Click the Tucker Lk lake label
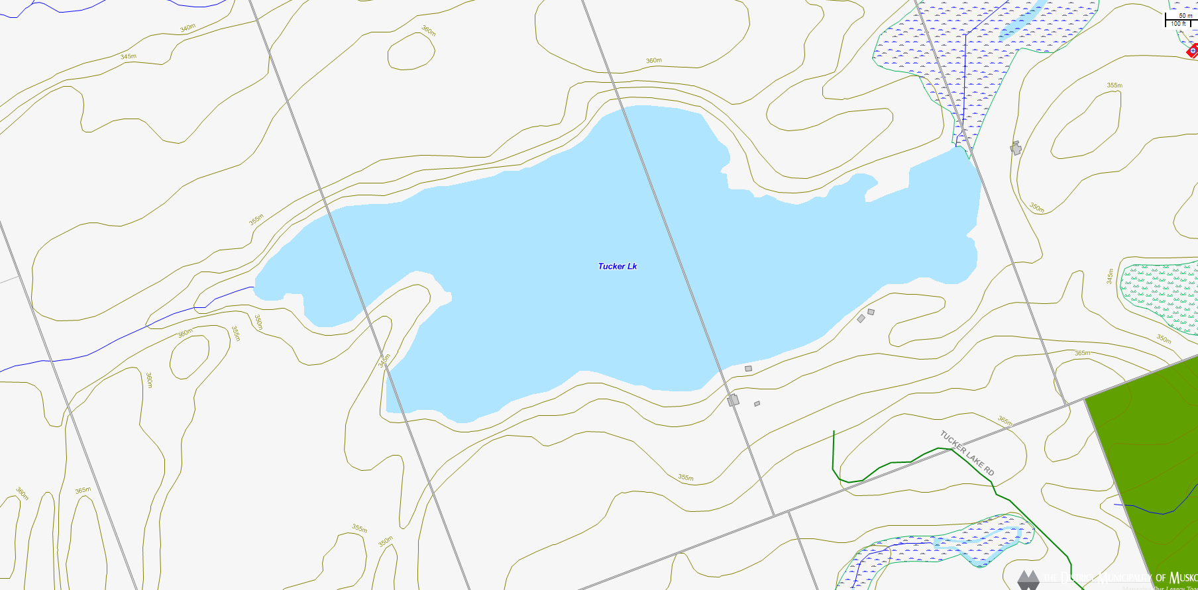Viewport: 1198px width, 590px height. click(x=617, y=266)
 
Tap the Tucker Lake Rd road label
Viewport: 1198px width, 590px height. click(x=967, y=453)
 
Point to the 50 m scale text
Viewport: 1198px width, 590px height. click(x=1185, y=16)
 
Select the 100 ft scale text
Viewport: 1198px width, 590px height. click(x=1178, y=24)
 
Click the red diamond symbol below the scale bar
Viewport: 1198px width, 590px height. click(x=1193, y=51)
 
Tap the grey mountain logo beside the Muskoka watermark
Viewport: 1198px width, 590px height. click(x=1028, y=579)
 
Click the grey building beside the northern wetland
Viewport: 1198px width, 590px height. click(x=1016, y=148)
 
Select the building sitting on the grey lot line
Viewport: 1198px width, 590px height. click(x=733, y=400)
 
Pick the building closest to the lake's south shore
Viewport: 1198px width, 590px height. click(x=748, y=368)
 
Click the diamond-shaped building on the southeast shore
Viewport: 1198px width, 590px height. click(x=861, y=319)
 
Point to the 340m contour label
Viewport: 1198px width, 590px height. click(x=188, y=28)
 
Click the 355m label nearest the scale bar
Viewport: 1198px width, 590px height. click(x=1115, y=85)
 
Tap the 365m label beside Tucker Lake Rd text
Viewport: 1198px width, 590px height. click(x=1005, y=420)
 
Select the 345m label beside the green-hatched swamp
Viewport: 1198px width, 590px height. click(x=1110, y=276)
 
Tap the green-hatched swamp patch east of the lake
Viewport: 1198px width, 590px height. click(x=1160, y=295)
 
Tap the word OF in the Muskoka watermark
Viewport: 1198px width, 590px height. click(x=1160, y=578)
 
